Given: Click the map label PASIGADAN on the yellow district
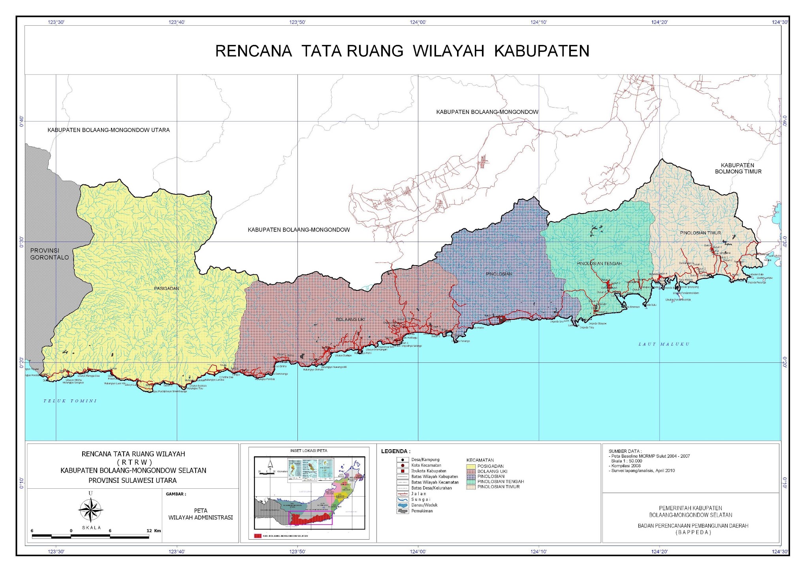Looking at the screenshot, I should click(x=166, y=289).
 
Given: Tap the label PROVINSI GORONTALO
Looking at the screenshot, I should click(x=49, y=254).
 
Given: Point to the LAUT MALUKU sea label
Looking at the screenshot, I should click(x=664, y=344).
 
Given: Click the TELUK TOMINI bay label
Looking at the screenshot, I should click(x=70, y=401).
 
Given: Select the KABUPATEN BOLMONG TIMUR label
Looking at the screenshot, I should click(x=738, y=168).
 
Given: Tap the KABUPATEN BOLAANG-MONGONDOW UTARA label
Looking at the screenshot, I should click(x=109, y=130).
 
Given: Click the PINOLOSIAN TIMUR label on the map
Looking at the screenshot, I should click(x=700, y=233).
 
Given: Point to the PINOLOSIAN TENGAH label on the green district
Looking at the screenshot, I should click(x=599, y=264).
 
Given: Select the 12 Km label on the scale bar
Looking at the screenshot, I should click(x=154, y=531).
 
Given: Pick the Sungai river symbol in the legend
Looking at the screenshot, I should click(x=402, y=499).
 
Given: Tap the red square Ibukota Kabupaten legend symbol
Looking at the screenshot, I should click(x=402, y=471).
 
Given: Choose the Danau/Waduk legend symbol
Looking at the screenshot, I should click(x=402, y=505).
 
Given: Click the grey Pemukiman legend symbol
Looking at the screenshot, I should click(x=402, y=511).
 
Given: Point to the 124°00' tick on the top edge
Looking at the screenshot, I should click(x=418, y=23).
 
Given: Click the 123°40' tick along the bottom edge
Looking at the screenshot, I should click(x=177, y=552).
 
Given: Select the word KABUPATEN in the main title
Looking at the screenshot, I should click(x=542, y=51).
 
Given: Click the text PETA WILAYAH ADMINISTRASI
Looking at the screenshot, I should click(x=201, y=514).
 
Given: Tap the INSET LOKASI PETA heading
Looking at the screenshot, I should click(x=309, y=450).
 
